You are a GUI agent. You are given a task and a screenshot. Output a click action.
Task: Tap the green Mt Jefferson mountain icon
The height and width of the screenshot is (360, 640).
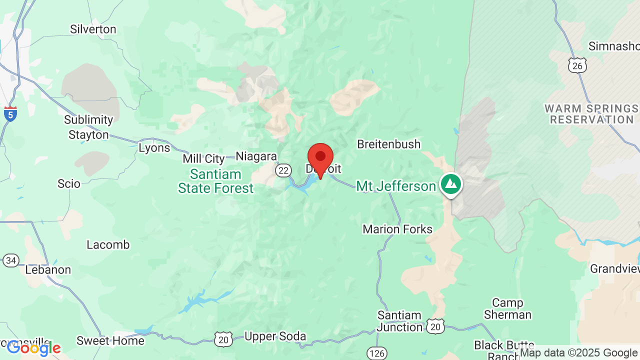pos(451,184)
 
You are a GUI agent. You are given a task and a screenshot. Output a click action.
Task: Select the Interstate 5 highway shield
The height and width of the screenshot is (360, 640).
pos(10,113)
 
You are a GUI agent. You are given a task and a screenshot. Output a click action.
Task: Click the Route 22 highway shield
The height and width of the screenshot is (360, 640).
pos(283,170)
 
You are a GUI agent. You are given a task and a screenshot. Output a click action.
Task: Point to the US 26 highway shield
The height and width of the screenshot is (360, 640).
pos(577,65)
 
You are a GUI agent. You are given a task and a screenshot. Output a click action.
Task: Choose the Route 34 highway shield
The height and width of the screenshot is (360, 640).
pos(11,260)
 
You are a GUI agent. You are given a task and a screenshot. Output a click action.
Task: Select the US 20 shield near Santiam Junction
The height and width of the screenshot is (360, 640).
pos(435,326)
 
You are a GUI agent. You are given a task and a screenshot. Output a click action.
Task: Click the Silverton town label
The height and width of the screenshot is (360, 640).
pos(93,29)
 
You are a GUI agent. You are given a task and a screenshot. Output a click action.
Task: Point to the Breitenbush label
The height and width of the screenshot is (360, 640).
pos(388,144)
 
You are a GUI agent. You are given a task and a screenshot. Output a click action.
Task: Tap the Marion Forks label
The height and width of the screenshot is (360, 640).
pos(397,229)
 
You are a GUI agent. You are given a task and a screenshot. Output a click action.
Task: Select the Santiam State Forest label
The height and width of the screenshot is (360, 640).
pos(216,181)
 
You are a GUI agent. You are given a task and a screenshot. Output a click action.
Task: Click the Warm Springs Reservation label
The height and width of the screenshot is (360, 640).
pos(591,114)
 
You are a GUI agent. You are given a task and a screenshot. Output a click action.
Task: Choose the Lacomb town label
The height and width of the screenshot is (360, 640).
pos(108,245)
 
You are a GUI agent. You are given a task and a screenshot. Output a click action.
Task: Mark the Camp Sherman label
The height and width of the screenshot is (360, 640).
pos(507,308)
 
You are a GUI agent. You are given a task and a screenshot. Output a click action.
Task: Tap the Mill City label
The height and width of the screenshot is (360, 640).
pos(203,159)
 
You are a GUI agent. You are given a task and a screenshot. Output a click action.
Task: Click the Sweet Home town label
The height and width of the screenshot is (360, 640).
pos(110,341)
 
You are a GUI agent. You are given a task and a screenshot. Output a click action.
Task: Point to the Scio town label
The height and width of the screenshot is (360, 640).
pos(69,184)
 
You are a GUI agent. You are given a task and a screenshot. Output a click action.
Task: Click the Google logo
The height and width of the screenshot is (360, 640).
pos(33,348)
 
